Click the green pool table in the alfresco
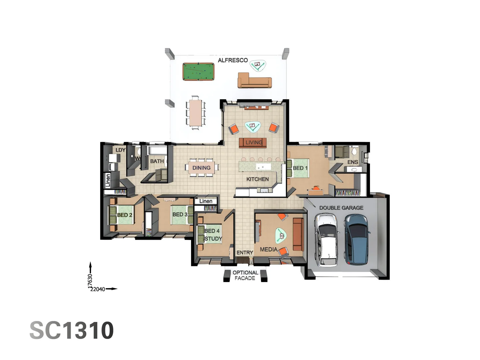[x=198, y=71]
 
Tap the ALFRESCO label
[x=233, y=60]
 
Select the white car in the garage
[x=327, y=239]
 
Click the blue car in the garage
[x=357, y=238]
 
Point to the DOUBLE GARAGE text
[x=341, y=208]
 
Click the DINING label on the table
[x=201, y=168]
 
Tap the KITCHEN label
[x=257, y=179]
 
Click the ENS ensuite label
[x=353, y=162]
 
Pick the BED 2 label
[x=125, y=215]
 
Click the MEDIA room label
[x=268, y=249]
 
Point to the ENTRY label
[x=245, y=253]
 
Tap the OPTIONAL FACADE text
[x=245, y=275]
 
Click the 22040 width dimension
[x=98, y=289]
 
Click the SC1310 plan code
[x=72, y=330]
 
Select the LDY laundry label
[x=120, y=150]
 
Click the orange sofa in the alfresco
[x=255, y=82]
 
